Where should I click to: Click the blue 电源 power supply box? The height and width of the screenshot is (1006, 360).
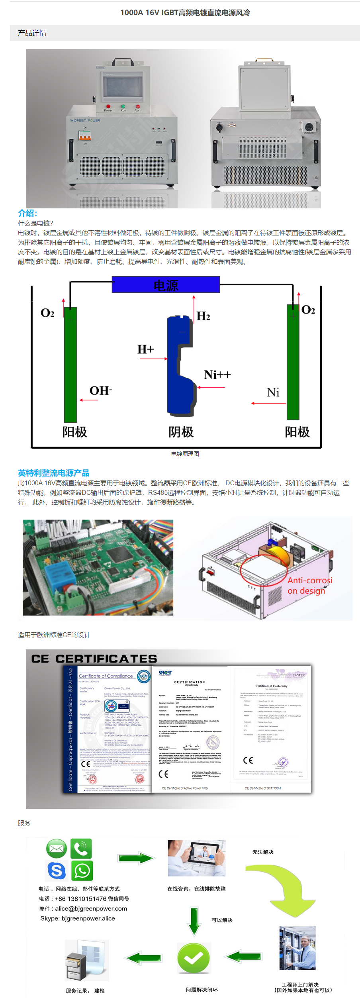pyautogui.click(x=166, y=285)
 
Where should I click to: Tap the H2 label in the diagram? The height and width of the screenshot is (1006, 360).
pyautogui.click(x=203, y=316)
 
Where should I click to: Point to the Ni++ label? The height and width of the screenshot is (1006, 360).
pyautogui.click(x=217, y=375)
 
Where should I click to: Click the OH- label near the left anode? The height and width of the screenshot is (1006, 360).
pyautogui.click(x=100, y=391)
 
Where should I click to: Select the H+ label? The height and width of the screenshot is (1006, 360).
pyautogui.click(x=145, y=349)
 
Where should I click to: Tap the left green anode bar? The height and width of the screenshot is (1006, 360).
pyautogui.click(x=70, y=365)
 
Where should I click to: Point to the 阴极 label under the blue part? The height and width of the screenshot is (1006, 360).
pyautogui.click(x=181, y=432)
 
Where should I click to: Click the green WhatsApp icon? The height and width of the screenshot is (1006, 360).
pyautogui.click(x=82, y=871)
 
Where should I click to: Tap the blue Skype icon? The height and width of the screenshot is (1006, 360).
pyautogui.click(x=57, y=871)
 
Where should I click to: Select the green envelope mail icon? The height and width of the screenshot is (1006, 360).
pyautogui.click(x=57, y=849)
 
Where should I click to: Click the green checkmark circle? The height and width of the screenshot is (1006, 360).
pyautogui.click(x=194, y=958)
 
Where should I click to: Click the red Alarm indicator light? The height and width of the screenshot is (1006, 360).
pyautogui.click(x=138, y=106)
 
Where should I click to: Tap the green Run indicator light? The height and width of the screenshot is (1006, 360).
pyautogui.click(x=123, y=106)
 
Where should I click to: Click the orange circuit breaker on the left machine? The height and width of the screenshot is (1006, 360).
pyautogui.click(x=85, y=136)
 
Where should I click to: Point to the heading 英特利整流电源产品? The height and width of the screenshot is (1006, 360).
pyautogui.click(x=53, y=473)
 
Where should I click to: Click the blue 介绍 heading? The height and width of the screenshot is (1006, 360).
pyautogui.click(x=27, y=213)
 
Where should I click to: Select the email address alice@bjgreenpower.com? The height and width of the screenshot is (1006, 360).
pyautogui.click(x=91, y=909)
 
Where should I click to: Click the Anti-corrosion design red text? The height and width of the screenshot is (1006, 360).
pyautogui.click(x=309, y=585)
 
